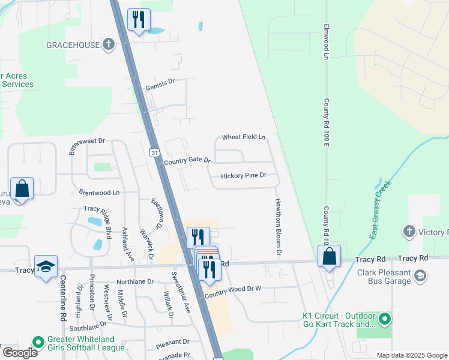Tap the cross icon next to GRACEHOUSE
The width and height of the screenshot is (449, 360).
tap(108, 44)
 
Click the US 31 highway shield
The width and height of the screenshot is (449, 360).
tap(155, 154)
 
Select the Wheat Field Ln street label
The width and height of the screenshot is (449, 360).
tap(244, 137)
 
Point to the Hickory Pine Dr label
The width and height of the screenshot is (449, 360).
tap(243, 176)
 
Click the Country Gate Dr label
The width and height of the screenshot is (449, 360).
tap(187, 161)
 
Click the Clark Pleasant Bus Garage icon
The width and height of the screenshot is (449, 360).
tap(420, 275)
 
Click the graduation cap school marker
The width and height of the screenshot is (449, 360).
tap(45, 266)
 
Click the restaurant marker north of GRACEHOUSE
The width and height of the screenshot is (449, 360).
tap(139, 20)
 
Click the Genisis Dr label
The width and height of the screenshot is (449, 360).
tap(160, 86)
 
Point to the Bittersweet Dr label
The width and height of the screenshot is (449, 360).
tap(87, 144)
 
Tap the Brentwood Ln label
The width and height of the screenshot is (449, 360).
tap(99, 193)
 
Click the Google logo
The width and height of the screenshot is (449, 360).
tap(19, 352)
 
